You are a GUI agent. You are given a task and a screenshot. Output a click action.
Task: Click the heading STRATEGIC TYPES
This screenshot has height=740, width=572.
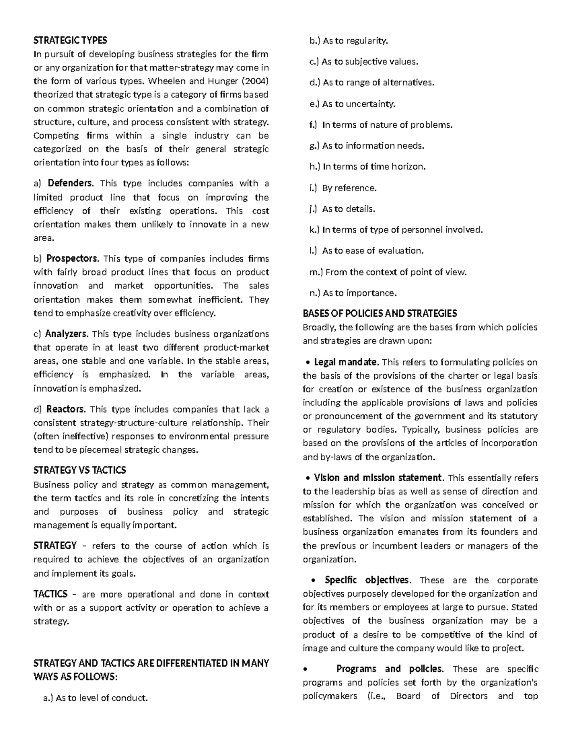[x=70, y=40]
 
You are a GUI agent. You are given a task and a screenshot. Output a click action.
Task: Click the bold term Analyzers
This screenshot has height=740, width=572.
[x=66, y=334]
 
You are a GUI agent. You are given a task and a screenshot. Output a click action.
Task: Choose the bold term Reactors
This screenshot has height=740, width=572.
[x=66, y=409]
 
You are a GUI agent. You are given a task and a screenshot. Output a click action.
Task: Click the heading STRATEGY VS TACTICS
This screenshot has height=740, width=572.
[x=80, y=470]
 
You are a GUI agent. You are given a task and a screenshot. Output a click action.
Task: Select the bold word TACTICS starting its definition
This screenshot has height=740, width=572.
[x=51, y=594]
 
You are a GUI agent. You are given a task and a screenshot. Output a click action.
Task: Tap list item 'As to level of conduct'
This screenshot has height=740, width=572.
[x=101, y=698]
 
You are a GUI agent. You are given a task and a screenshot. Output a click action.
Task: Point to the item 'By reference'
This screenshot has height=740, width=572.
[x=349, y=188]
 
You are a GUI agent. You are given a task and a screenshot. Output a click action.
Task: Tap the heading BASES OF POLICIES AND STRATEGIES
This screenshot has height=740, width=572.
[x=379, y=313]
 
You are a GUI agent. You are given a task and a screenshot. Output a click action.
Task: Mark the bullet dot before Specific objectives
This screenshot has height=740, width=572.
[x=313, y=581]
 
